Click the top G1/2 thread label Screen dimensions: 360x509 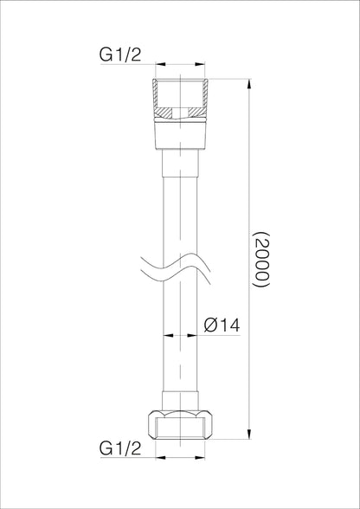(120, 55)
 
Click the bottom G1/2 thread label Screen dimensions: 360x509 (120, 448)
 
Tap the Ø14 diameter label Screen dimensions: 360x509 (222, 325)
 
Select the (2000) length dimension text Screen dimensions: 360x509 (261, 260)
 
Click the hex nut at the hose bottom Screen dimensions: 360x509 (180, 424)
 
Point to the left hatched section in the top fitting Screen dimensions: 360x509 (164, 113)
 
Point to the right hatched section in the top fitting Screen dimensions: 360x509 (196, 113)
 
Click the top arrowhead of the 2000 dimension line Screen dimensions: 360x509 (249, 84)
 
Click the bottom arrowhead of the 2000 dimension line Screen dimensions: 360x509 (249, 434)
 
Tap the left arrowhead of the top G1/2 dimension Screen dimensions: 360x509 (160, 64)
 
